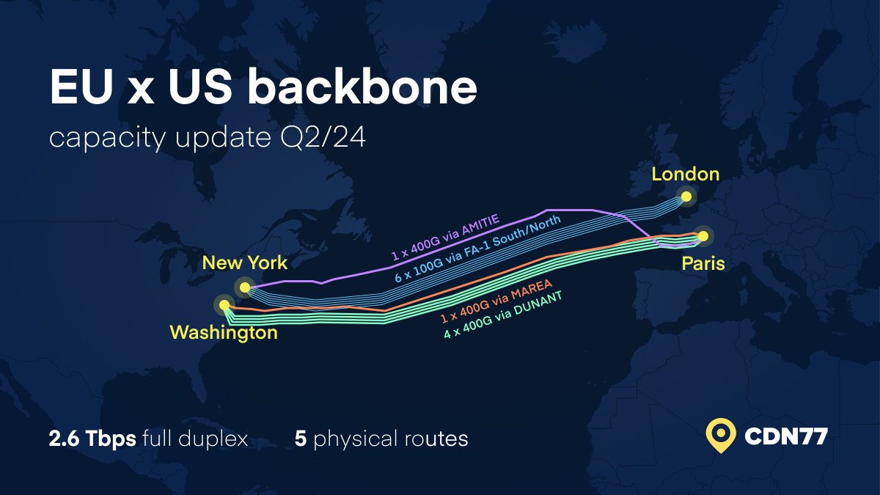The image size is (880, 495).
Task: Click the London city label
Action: [685, 175]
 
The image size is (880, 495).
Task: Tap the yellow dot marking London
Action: [686, 196]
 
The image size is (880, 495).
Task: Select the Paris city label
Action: [703, 263]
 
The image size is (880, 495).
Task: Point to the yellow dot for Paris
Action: [703, 235]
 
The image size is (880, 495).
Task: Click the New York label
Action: [245, 263]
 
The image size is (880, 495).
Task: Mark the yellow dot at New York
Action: [245, 287]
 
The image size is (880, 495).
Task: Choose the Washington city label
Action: [224, 333]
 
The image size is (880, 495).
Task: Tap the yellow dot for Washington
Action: [224, 305]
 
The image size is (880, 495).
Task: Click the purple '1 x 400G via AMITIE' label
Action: [445, 238]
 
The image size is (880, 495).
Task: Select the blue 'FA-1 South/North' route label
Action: [477, 249]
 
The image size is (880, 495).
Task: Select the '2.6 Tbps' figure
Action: [92, 439]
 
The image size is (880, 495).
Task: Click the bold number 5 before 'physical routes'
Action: [300, 439]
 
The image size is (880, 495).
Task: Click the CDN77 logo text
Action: [786, 437]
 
